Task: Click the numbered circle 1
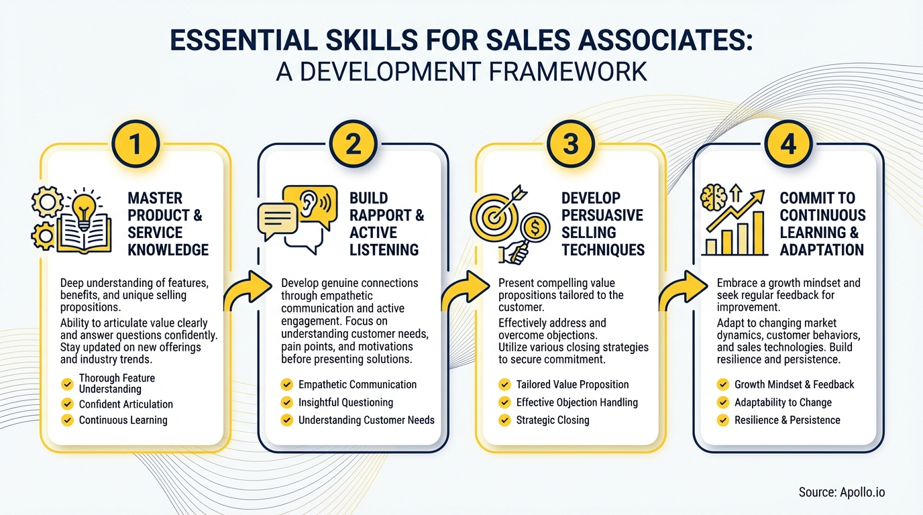[135, 144]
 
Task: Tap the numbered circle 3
[570, 144]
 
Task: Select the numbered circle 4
[788, 144]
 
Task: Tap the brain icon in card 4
[713, 197]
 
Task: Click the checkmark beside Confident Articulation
[67, 404]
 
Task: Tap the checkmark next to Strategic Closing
[504, 420]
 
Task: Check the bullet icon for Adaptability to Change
[722, 402]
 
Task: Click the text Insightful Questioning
[345, 402]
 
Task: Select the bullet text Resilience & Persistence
[787, 420]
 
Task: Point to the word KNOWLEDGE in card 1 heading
[168, 250]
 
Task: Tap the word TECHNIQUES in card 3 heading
[603, 250]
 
